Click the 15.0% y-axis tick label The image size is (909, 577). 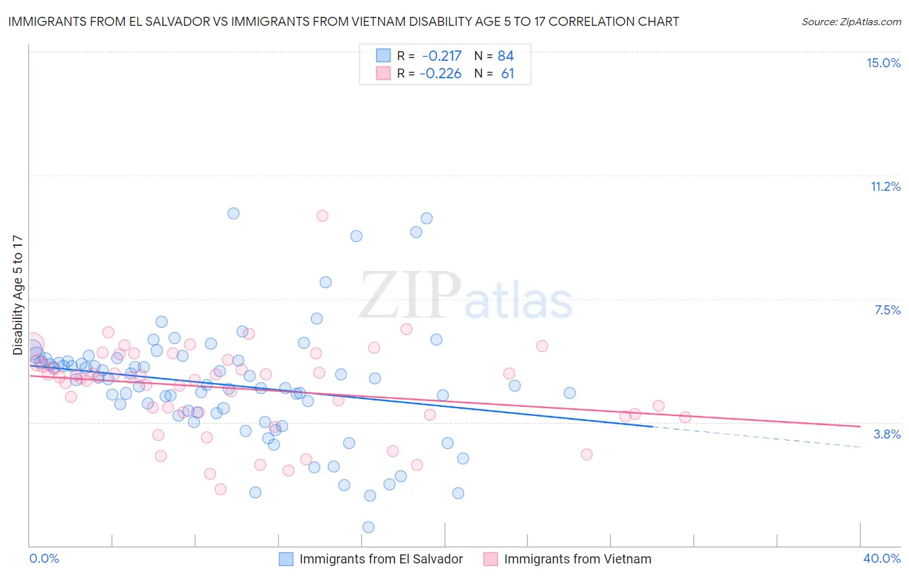pos(883,63)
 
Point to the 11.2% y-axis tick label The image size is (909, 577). pos(885,186)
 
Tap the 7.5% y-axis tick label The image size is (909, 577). pos(887,310)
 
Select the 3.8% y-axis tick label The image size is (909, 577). pos(887,434)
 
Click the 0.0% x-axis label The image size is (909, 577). pos(45,558)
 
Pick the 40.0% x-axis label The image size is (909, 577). pos(881,558)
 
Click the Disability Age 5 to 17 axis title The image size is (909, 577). pos(17,295)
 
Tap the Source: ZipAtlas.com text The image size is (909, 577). pos(851,22)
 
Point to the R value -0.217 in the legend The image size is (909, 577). pos(441,56)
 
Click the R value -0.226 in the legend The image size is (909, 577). pos(440,74)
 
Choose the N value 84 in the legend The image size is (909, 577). pos(506,56)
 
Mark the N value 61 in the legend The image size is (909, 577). pos(508,74)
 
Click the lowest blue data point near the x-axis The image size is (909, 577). pos(369,527)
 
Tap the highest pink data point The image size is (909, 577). pos(323,216)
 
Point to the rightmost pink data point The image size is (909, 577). pos(685,417)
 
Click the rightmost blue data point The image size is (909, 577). pos(570,393)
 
